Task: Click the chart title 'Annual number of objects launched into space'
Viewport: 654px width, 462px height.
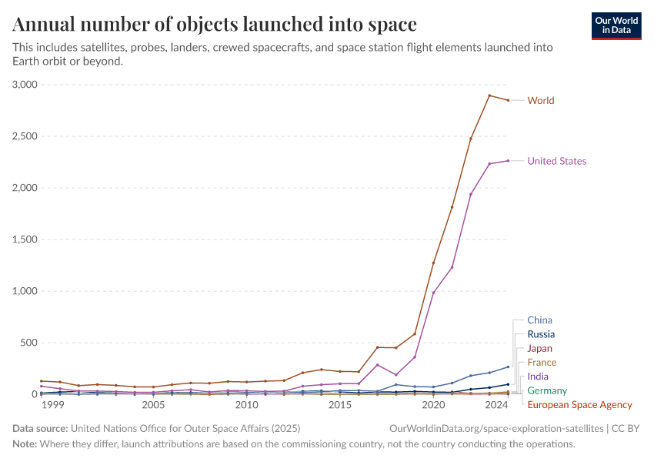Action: tap(215, 24)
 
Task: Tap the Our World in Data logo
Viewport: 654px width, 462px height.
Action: tap(616, 25)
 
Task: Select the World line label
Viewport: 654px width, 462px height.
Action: tap(540, 100)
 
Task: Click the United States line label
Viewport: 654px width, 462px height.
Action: tap(556, 161)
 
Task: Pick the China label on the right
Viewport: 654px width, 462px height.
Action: tap(539, 320)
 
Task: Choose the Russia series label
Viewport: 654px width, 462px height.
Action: tap(541, 334)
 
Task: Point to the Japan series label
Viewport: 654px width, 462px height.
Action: tap(539, 348)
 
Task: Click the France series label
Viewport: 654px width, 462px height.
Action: tap(542, 363)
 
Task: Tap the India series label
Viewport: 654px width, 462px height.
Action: tap(538, 377)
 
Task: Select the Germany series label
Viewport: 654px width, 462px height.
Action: tap(546, 390)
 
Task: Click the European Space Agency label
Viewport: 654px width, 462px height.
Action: tap(579, 405)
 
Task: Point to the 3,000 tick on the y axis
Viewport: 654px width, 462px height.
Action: tap(24, 85)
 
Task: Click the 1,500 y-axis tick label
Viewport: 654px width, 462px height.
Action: tap(24, 239)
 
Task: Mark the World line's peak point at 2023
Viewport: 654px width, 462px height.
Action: tap(489, 95)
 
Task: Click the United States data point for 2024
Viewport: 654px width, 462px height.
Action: tap(508, 161)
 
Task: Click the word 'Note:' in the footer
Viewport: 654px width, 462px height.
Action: tap(25, 444)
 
